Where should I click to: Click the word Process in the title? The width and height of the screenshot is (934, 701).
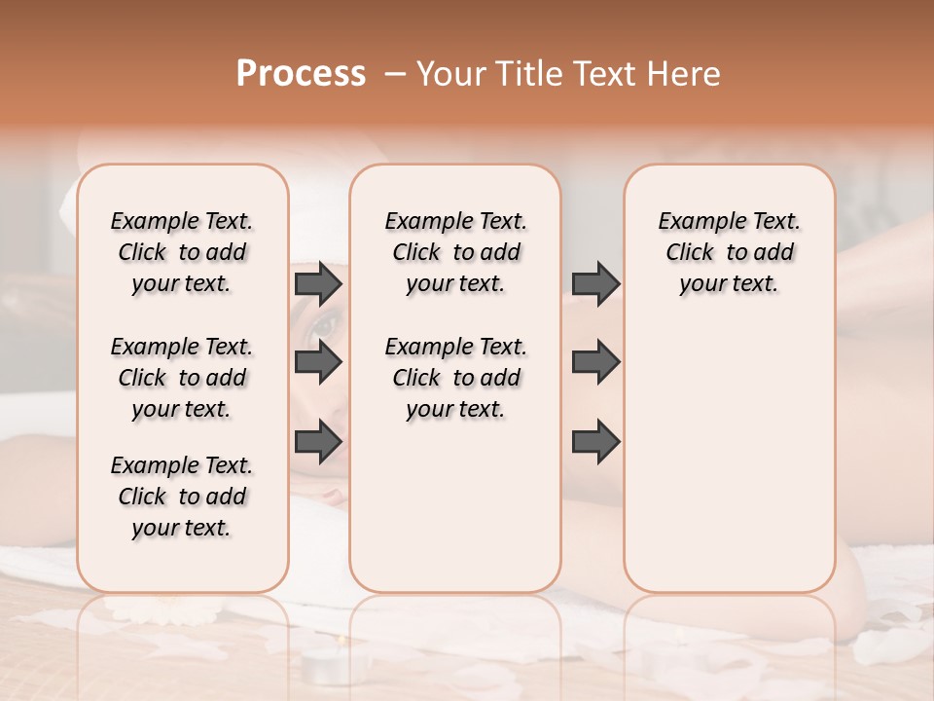coord(301,74)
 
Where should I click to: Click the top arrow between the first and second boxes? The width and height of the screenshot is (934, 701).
coord(318,283)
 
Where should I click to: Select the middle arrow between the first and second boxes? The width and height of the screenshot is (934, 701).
coord(318,362)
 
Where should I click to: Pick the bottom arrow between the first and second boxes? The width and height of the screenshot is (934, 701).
coord(318,442)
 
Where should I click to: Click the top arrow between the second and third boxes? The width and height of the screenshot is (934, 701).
coord(595,283)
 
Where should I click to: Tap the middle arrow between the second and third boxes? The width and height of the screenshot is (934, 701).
coord(595,362)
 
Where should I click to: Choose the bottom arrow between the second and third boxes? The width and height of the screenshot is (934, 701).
coord(595,442)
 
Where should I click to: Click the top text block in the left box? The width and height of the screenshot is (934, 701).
coord(182,252)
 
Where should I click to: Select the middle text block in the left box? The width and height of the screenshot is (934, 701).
coord(182,378)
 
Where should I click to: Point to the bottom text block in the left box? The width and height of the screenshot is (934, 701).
coord(182,497)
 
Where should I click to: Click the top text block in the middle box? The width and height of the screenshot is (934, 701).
coord(455,252)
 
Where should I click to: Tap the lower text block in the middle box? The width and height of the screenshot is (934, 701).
coord(455,378)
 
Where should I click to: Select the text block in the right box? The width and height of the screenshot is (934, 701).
coord(730,252)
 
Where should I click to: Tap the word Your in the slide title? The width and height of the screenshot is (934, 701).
coord(451,74)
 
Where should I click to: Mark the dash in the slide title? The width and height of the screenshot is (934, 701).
coord(394,74)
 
